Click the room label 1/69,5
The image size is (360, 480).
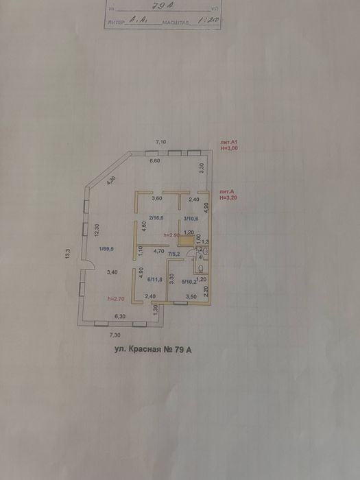[106, 249]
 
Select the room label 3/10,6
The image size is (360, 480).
[190, 218]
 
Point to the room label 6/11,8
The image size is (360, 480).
[156, 278]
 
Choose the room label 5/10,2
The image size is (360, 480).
[190, 280]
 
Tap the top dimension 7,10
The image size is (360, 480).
[161, 141]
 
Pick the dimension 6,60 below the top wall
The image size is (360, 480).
[156, 160]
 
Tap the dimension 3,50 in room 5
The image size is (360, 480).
[192, 296]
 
